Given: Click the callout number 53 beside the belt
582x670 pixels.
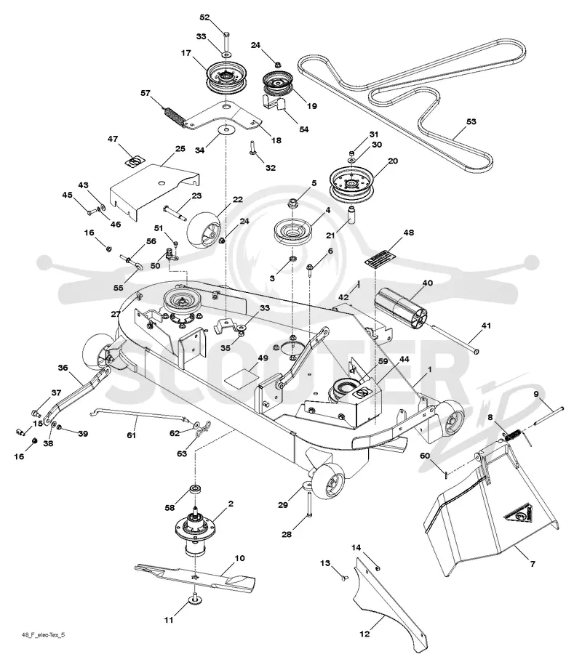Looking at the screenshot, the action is coord(471,121).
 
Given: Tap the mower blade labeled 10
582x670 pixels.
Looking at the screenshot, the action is coord(195,578).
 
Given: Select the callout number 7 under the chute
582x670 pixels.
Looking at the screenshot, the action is coord(533,564).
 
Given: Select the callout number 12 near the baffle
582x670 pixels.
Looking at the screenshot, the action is coord(364,634).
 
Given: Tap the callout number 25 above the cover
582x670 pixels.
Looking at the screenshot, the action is coord(180,149).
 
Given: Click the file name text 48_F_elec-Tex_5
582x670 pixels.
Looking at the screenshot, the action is coord(44,634).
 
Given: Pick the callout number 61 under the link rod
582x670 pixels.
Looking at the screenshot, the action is coord(131,435).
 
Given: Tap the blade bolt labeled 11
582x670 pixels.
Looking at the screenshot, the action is coord(194,600).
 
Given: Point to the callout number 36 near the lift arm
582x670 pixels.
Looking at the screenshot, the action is coord(63,368).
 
